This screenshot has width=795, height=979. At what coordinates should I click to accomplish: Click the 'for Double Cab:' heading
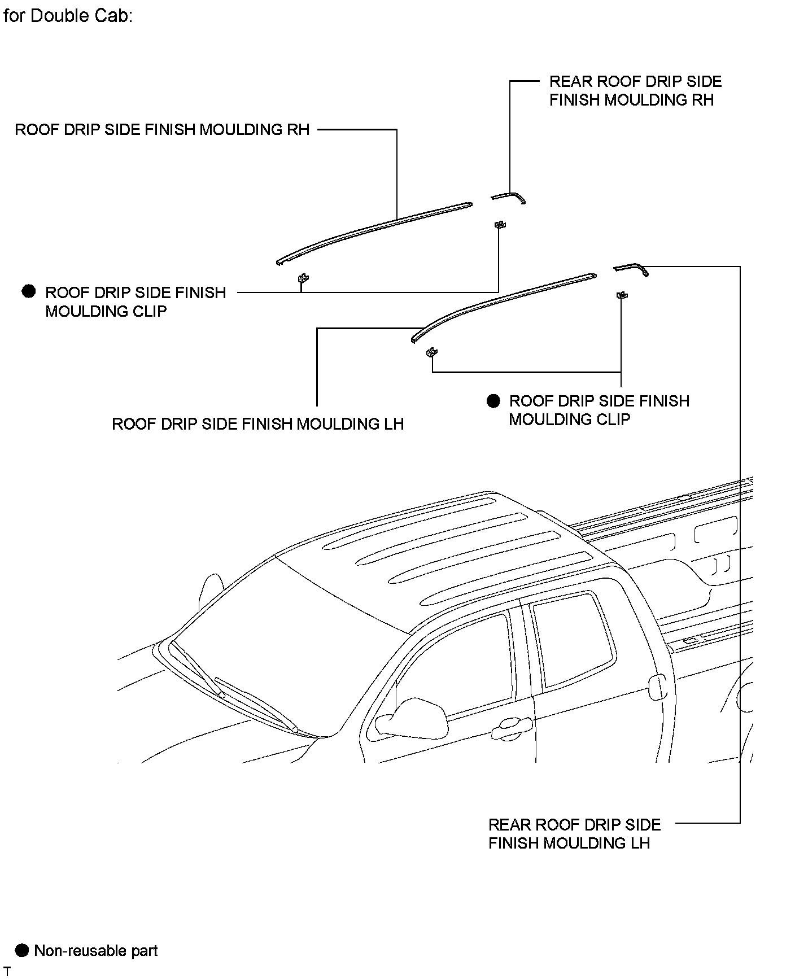(x=68, y=16)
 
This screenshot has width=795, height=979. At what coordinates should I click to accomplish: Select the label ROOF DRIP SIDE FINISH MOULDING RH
(x=162, y=130)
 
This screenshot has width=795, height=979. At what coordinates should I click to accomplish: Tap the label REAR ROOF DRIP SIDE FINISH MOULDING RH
(x=635, y=91)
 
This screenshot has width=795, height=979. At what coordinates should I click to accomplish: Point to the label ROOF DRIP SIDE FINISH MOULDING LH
(x=257, y=424)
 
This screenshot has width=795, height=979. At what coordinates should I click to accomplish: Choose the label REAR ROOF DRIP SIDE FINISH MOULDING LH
(x=574, y=834)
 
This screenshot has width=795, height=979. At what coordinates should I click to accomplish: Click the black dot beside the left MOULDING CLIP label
(x=28, y=292)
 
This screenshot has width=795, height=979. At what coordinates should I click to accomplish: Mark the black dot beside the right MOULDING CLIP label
(x=493, y=401)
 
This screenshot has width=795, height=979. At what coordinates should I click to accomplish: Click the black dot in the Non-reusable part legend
(x=21, y=950)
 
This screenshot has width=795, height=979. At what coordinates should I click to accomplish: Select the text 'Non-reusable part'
(x=96, y=951)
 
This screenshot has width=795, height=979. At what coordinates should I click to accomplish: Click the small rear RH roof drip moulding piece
(x=509, y=196)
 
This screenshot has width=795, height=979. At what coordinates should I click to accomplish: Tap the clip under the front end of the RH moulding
(x=303, y=278)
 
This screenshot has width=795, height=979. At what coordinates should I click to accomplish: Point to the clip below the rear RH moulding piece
(x=499, y=225)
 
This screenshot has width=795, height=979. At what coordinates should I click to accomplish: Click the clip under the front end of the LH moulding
(x=433, y=352)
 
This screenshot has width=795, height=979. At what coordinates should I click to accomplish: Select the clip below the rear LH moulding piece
(x=622, y=295)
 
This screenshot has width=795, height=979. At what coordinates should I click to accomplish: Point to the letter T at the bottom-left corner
(x=7, y=972)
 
